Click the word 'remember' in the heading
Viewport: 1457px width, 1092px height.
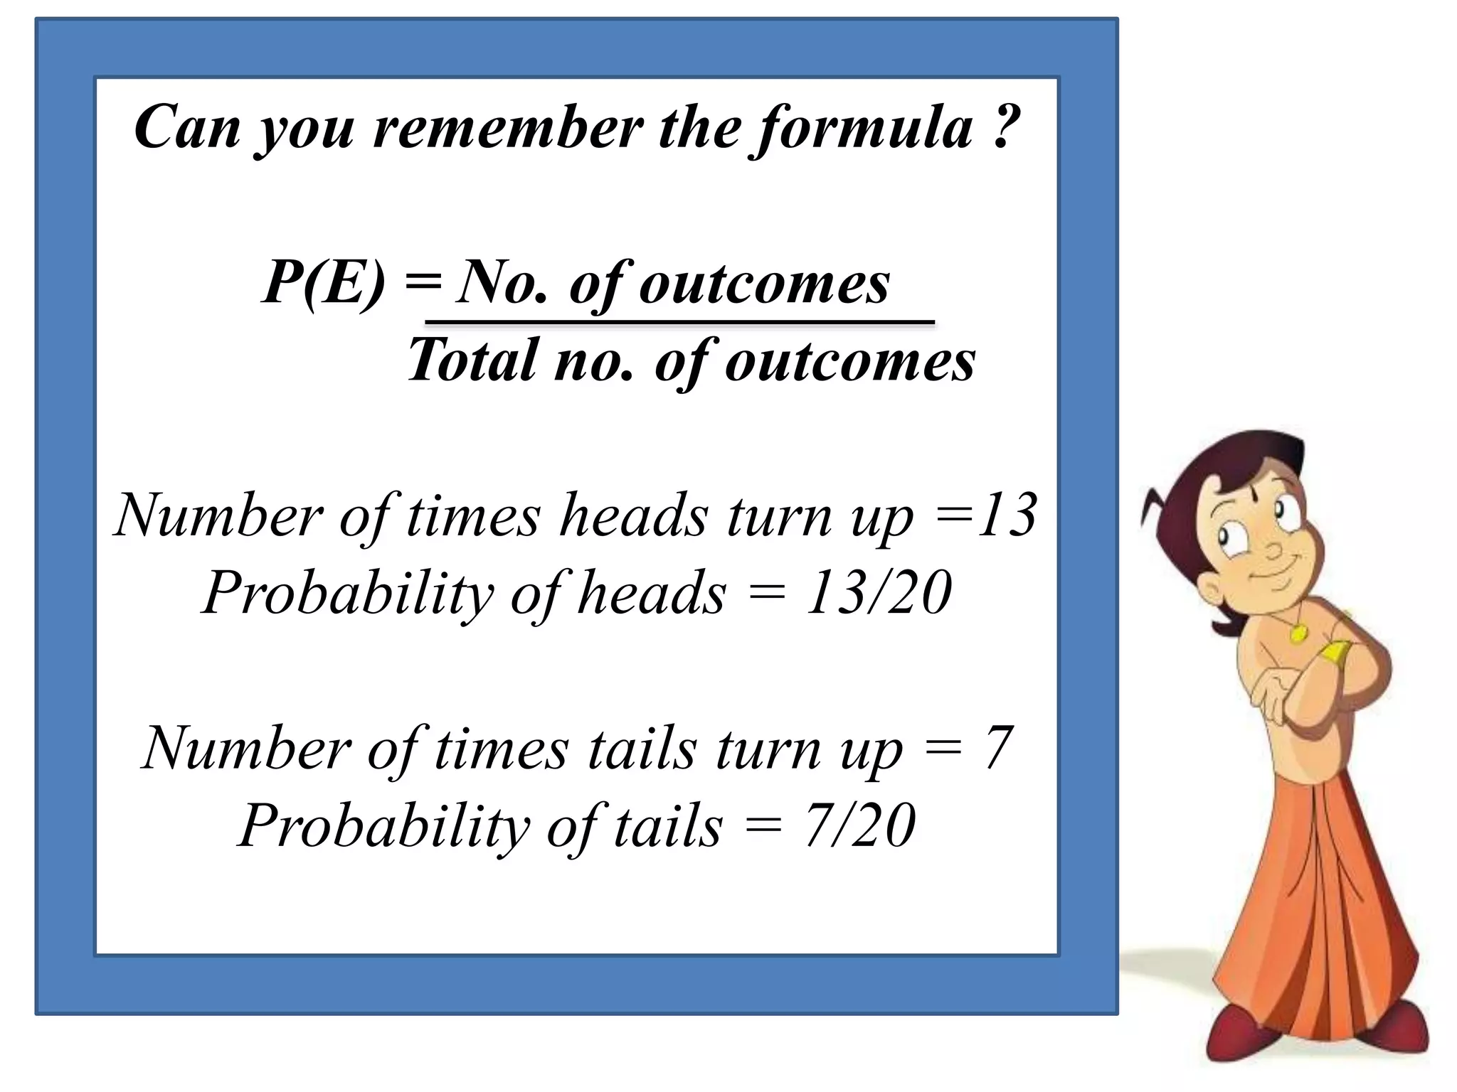coord(507,128)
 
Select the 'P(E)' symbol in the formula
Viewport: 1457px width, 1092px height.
coord(324,282)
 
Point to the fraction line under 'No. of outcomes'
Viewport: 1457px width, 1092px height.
coord(679,323)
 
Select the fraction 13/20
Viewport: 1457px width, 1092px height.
coord(879,593)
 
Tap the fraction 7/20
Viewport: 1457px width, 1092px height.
coord(859,826)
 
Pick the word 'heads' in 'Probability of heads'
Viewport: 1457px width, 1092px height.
coord(652,593)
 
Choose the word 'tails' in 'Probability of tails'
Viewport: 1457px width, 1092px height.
coord(668,826)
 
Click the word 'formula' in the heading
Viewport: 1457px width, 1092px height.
coord(864,128)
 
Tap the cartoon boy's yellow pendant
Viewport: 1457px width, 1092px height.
coord(1298,631)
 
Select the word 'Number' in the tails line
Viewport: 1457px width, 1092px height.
coord(246,748)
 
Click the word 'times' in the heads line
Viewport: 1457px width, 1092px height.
coord(473,515)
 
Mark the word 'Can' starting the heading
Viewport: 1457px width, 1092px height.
coord(187,128)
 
